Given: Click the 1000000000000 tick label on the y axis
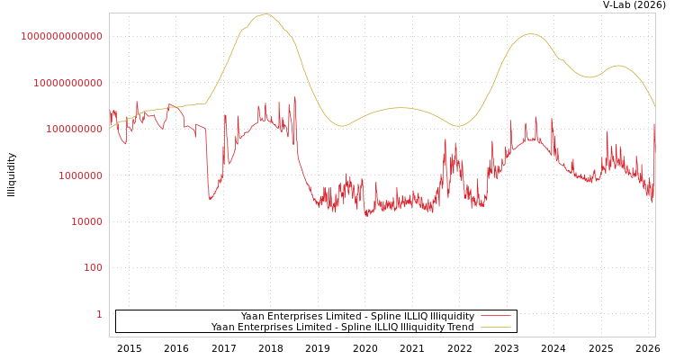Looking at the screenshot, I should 61,36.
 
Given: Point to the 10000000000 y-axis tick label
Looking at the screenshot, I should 67,83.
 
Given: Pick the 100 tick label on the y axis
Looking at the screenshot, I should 93,268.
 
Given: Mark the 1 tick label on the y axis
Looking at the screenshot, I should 99,314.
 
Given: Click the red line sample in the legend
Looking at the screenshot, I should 495,316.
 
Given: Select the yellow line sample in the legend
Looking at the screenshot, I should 495,327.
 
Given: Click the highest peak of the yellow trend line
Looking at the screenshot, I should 265,14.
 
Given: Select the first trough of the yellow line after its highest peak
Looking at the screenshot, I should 341,126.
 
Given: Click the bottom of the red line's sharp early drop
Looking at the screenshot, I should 210,200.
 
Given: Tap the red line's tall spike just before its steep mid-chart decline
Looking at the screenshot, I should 294,97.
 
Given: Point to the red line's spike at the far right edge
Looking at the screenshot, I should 654,124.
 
